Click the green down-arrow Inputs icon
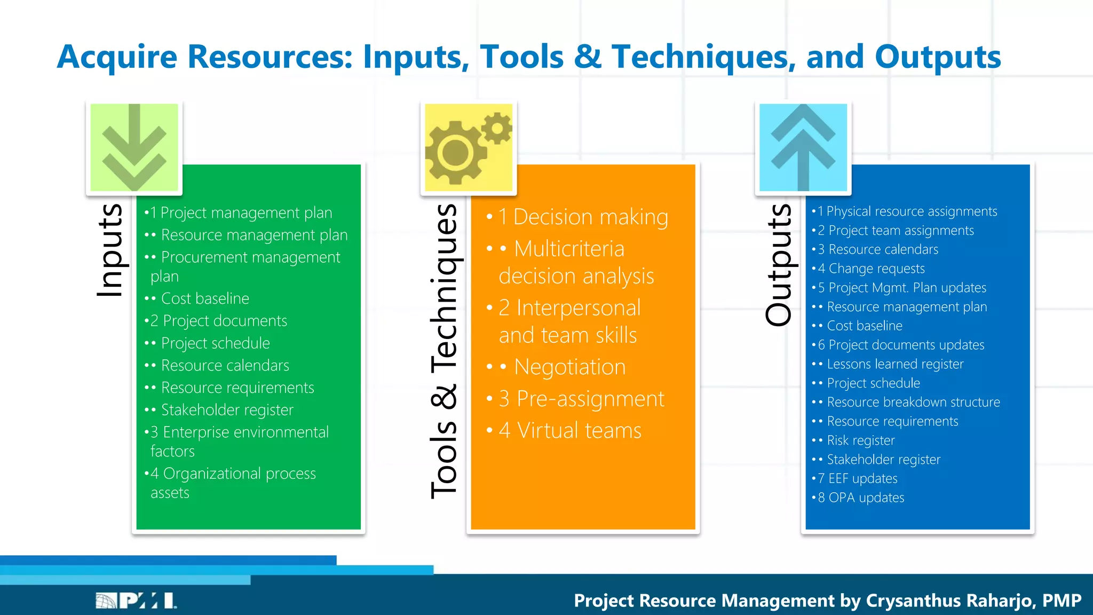(x=134, y=147)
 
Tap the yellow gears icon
(x=469, y=147)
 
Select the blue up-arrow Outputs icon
(x=803, y=147)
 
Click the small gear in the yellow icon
(x=497, y=128)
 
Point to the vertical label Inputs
(x=110, y=250)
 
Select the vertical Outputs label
(x=779, y=265)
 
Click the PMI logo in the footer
(x=137, y=601)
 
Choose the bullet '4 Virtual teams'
(x=570, y=430)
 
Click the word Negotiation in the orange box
(x=569, y=367)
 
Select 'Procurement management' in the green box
(x=250, y=257)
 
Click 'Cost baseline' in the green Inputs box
(x=205, y=298)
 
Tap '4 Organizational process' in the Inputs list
(x=233, y=474)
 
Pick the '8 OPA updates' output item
(x=861, y=498)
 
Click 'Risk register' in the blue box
(x=860, y=440)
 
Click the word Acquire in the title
(x=117, y=57)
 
